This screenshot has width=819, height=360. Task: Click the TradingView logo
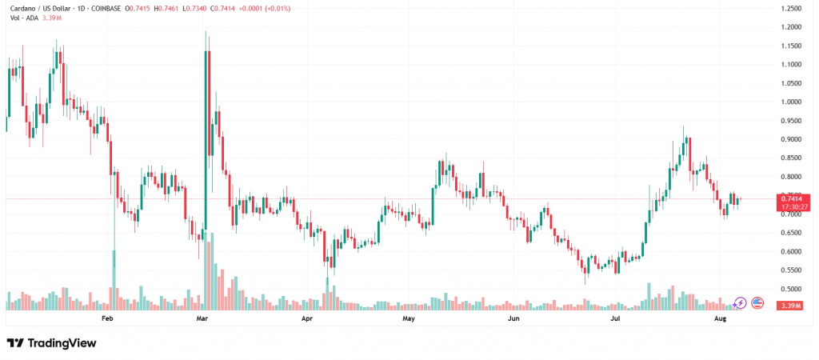click(x=51, y=343)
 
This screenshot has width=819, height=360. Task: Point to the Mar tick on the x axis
click(x=203, y=318)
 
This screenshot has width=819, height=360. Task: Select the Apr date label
click(x=306, y=318)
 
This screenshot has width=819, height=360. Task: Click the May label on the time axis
click(x=409, y=318)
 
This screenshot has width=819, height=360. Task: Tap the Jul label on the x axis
click(x=616, y=318)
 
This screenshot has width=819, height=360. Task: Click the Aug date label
click(x=720, y=318)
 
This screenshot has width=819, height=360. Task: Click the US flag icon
click(x=757, y=302)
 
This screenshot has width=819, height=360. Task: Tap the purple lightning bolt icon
click(x=740, y=302)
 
